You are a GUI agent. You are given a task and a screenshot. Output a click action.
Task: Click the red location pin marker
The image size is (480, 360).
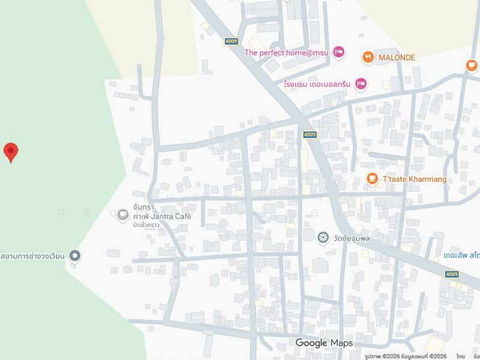click(10, 152)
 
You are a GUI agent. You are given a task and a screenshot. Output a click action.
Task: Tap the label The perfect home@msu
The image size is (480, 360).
click(286, 53)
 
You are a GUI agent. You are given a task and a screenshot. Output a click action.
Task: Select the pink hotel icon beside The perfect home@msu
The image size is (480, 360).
click(339, 53)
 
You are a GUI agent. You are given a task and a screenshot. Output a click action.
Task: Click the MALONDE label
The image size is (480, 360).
click(397, 58)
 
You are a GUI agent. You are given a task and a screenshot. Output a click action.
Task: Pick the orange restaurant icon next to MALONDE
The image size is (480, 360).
click(368, 58)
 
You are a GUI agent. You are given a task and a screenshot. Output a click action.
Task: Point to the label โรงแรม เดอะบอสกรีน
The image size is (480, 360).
click(317, 84)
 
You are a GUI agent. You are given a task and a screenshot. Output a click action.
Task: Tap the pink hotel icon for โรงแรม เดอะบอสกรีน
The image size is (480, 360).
click(360, 84)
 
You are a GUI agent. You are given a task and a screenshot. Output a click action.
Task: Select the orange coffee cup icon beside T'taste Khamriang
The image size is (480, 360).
click(373, 179)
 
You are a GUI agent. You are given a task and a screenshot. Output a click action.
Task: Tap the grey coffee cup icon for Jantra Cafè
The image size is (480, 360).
click(123, 214)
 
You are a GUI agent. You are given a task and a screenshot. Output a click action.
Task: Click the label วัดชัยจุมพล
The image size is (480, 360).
click(351, 238)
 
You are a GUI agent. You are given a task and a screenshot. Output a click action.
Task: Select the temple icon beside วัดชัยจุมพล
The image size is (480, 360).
click(323, 238)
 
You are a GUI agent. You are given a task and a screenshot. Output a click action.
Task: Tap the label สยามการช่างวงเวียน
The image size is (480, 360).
click(32, 256)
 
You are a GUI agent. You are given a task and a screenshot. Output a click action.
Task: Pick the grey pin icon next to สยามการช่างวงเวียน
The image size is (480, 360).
click(75, 256)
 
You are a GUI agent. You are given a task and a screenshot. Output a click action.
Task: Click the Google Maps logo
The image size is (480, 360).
click(323, 343)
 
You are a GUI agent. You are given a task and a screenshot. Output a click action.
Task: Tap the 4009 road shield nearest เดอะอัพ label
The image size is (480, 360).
click(452, 274)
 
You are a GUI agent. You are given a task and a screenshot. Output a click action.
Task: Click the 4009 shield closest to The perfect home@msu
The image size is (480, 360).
click(231, 41)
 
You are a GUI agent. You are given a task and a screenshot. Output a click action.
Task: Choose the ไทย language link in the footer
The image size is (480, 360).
click(460, 356)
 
